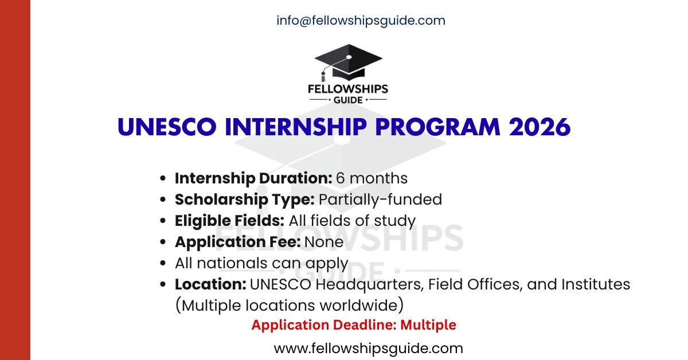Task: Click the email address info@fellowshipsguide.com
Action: pyautogui.click(x=361, y=21)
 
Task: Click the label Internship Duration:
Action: pyautogui.click(x=253, y=178)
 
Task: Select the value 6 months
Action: pyautogui.click(x=372, y=178)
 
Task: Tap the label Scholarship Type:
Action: pyautogui.click(x=245, y=199)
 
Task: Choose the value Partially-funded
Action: pyautogui.click(x=381, y=199)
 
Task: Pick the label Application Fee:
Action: pyautogui.click(x=238, y=242)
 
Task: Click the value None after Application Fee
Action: pyautogui.click(x=324, y=242)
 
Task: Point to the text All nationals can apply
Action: pyautogui.click(x=261, y=263)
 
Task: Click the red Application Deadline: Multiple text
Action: pyautogui.click(x=354, y=325)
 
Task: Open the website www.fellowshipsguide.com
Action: pyautogui.click(x=368, y=348)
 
